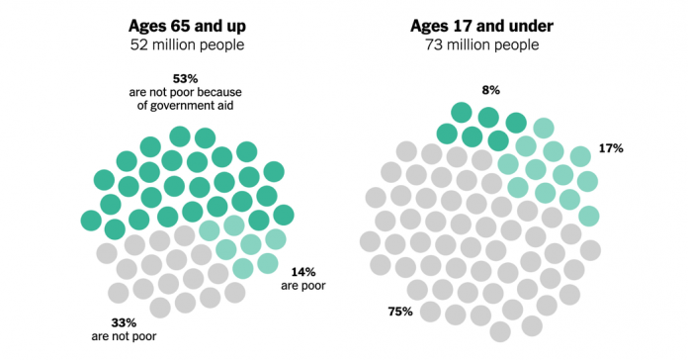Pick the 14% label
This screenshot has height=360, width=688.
pos(303,271)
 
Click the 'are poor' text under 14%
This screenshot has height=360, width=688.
pos(303,286)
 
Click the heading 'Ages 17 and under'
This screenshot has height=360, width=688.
pos(489,26)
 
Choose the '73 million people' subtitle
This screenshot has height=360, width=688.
pos(489,45)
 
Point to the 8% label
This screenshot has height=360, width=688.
pos(490,90)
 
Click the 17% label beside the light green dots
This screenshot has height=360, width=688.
pos(610,148)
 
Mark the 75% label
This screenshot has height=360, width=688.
pos(399,312)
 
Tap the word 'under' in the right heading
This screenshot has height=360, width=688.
pos(532,26)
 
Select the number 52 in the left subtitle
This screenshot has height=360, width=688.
pos(140,45)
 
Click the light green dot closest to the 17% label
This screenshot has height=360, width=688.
pos(580,155)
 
